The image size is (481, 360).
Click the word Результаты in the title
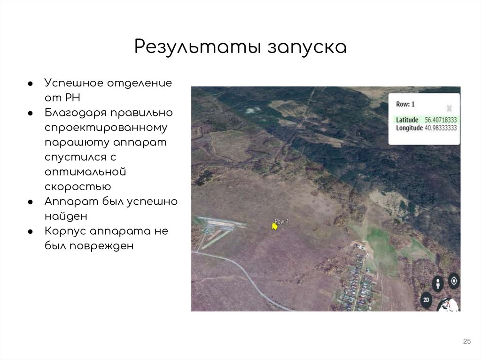pyautogui.click(x=197, y=47)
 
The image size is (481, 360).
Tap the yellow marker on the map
pyautogui.click(x=274, y=227)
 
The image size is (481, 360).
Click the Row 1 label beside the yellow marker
pyautogui.click(x=281, y=221)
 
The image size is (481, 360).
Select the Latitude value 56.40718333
pyautogui.click(x=441, y=120)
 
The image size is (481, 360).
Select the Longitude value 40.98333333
pyautogui.click(x=441, y=128)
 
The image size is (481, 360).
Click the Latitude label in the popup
pyautogui.click(x=407, y=120)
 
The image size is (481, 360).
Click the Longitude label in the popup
pyautogui.click(x=409, y=128)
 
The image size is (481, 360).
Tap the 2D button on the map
pyautogui.click(x=426, y=299)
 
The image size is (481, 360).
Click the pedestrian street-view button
pyautogui.click(x=438, y=284)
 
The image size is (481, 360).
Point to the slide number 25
pyautogui.click(x=466, y=341)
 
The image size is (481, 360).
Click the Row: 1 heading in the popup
pyautogui.click(x=405, y=104)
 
